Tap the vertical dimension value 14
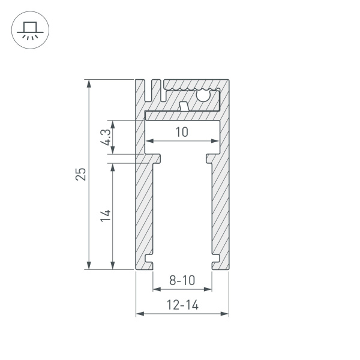pos(105,215)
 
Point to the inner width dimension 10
pos(182,132)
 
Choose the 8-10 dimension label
pos(182,280)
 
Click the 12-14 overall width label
pos(182,305)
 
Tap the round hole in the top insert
pos(203,94)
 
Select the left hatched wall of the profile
pos(143,210)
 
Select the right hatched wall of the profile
pos(220,210)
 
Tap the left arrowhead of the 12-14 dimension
pos(139,313)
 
